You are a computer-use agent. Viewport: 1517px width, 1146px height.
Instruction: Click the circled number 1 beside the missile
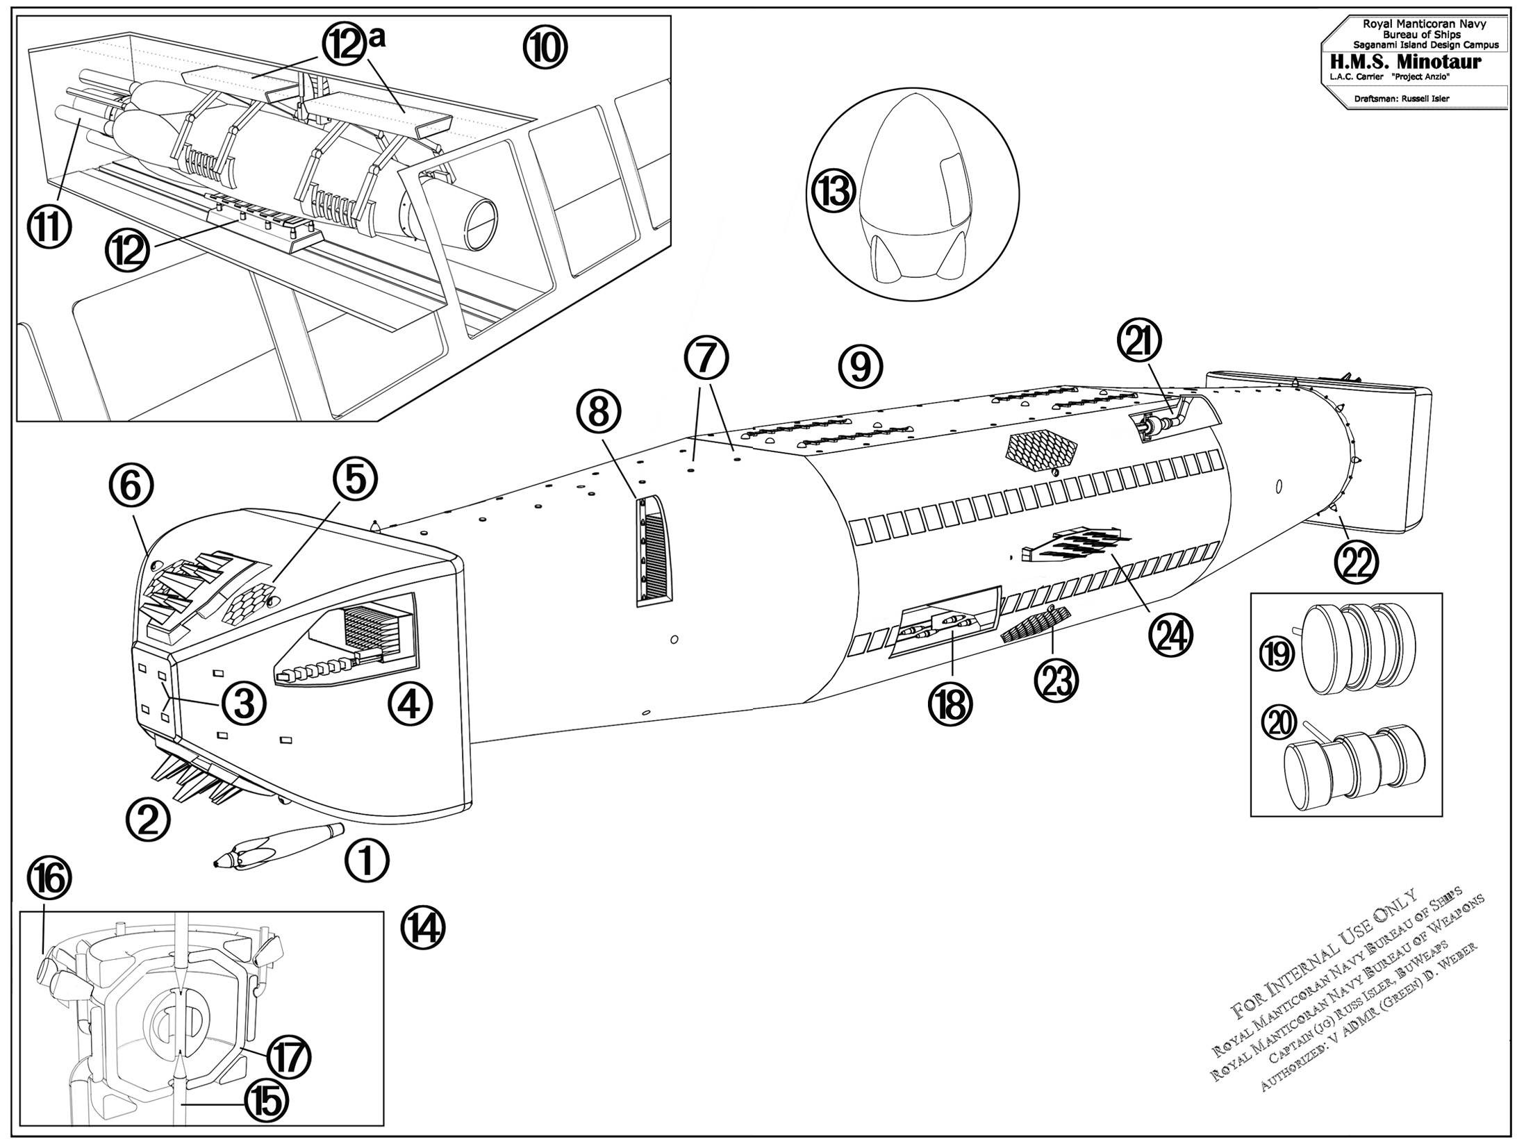coord(367,861)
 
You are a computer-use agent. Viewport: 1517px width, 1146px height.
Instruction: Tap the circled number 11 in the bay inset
coord(49,227)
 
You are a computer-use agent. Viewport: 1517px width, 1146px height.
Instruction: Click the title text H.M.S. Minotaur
coord(1411,62)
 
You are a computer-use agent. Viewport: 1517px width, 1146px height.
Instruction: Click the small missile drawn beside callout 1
coord(279,845)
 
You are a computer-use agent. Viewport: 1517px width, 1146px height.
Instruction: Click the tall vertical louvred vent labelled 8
coord(654,551)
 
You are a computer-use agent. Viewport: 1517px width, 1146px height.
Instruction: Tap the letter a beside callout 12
coord(378,40)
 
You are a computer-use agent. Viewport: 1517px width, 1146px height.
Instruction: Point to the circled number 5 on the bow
coord(355,479)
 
